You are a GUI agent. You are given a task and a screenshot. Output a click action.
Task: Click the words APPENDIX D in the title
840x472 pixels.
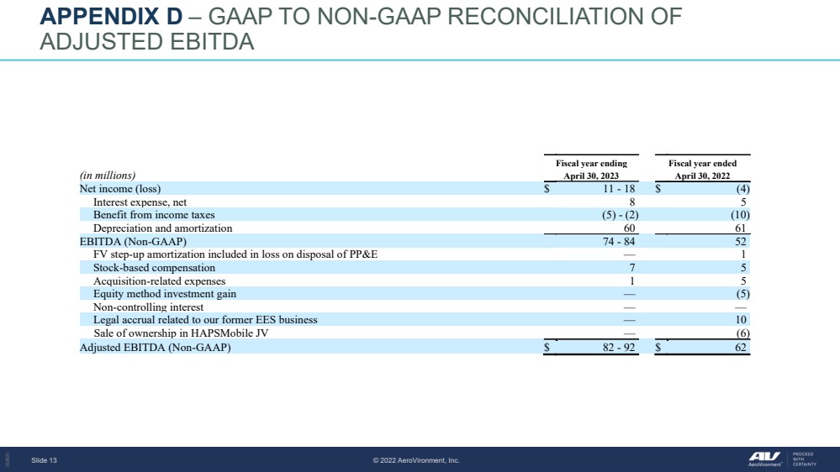click(112, 17)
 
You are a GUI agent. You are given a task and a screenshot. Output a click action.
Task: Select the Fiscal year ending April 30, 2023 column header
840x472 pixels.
click(591, 169)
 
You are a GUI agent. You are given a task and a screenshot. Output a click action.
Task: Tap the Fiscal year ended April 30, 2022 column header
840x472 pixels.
click(702, 169)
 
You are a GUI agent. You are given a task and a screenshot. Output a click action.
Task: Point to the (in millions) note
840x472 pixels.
click(108, 176)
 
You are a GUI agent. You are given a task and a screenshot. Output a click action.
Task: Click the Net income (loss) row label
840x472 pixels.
click(120, 188)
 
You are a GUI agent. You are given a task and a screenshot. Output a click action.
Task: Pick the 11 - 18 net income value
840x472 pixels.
click(619, 188)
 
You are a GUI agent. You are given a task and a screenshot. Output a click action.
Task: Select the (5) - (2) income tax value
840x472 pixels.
click(621, 215)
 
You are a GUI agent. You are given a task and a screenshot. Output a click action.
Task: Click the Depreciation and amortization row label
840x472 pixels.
click(163, 228)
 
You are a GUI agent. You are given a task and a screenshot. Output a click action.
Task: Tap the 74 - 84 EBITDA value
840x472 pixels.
click(619, 241)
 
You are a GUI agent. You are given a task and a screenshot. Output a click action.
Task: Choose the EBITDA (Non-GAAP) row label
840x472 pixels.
click(133, 241)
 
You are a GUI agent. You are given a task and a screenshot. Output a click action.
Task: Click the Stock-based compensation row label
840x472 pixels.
click(154, 268)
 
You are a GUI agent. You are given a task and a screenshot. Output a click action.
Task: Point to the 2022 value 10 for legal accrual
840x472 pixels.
click(741, 319)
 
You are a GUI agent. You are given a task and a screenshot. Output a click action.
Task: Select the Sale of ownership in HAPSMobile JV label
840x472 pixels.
click(181, 333)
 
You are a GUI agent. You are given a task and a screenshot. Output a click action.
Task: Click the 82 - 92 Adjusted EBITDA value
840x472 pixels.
click(619, 348)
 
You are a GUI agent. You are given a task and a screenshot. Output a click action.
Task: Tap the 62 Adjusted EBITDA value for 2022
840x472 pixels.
click(741, 348)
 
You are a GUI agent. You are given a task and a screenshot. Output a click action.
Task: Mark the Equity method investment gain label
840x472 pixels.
click(165, 294)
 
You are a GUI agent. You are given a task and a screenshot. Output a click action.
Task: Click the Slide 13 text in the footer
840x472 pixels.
click(44, 460)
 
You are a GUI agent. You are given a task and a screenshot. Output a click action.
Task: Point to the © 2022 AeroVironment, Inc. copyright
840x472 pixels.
click(416, 460)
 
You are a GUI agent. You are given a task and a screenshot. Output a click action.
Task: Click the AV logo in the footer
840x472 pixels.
click(764, 458)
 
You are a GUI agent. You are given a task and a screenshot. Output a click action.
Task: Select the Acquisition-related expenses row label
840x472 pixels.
click(159, 281)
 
